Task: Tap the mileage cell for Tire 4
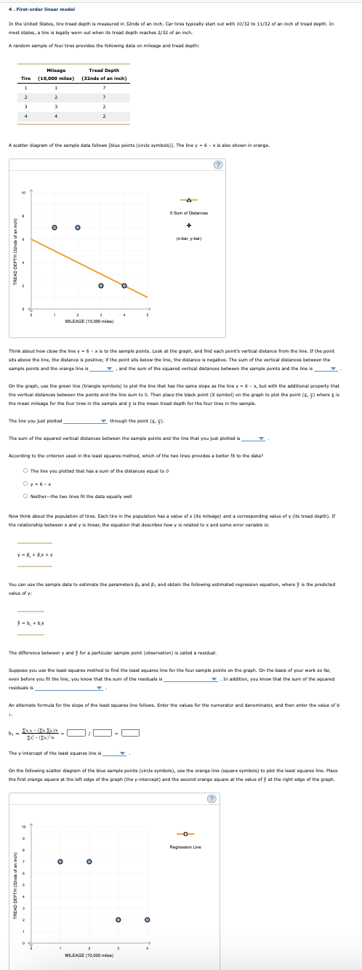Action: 56,115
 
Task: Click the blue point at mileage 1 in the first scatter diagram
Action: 55,228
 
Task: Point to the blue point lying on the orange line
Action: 124,285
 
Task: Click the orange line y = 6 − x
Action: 87,262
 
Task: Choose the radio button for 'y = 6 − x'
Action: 25,464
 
